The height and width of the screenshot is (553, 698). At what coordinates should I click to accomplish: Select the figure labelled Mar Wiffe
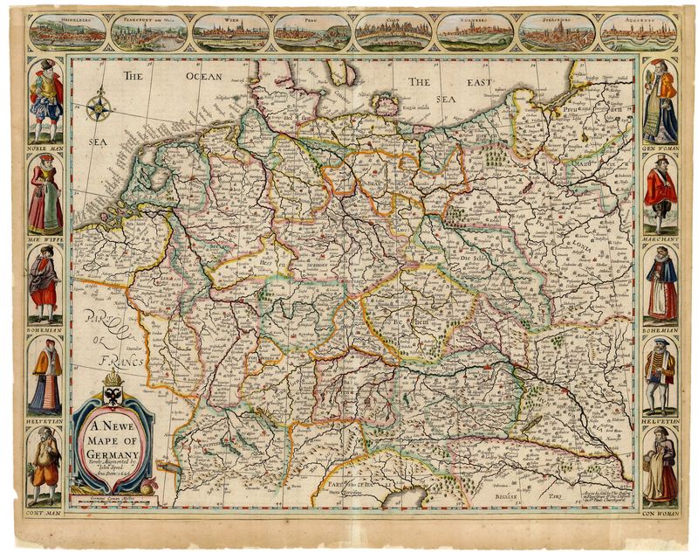tap(44, 197)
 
